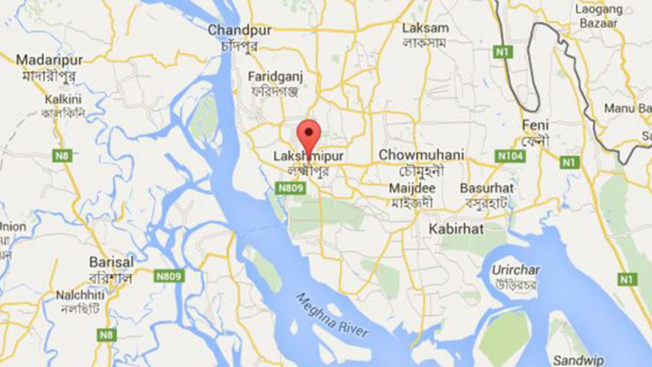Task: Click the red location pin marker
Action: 307,136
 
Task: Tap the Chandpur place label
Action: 235,30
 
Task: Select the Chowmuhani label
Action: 421,155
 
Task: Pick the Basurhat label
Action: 485,187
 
